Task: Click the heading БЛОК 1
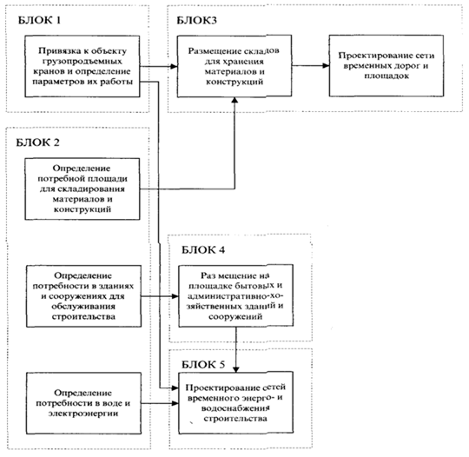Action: pyautogui.click(x=39, y=20)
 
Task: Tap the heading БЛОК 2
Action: pyautogui.click(x=37, y=142)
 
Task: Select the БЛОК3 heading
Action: pyautogui.click(x=196, y=20)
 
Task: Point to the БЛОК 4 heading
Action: pyautogui.click(x=203, y=249)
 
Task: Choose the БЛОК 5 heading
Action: pyautogui.click(x=203, y=365)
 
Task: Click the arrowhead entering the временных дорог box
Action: pyautogui.click(x=326, y=65)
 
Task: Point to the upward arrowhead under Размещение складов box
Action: pyautogui.click(x=235, y=101)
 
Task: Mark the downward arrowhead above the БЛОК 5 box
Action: pyautogui.click(x=236, y=368)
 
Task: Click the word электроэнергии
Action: pyautogui.click(x=83, y=414)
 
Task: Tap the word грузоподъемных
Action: pyautogui.click(x=83, y=62)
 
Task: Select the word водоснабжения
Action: pyautogui.click(x=235, y=408)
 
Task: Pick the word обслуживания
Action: pyautogui.click(x=83, y=306)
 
